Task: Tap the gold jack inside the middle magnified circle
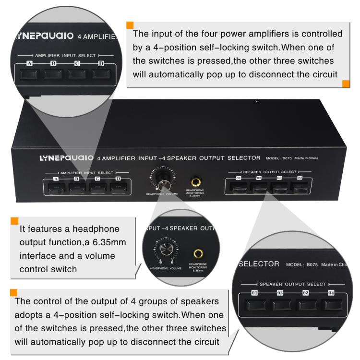click(197, 252)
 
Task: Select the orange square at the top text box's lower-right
click(346, 84)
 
